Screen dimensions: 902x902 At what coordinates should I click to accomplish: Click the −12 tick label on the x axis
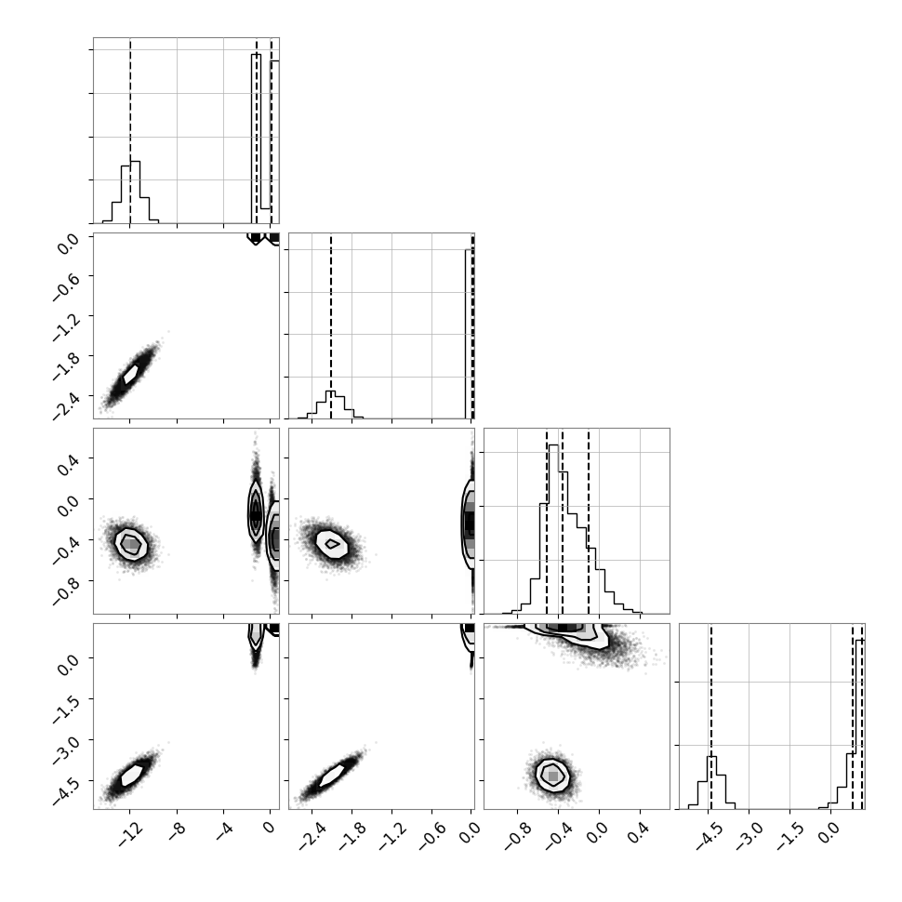tap(130, 835)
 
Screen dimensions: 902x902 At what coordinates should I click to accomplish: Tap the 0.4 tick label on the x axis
tap(638, 833)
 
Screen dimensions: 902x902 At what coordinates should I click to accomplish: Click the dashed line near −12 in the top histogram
tap(130, 130)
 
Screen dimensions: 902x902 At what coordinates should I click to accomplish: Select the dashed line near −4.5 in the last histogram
tap(711, 716)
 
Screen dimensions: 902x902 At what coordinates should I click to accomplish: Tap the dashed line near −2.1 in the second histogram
tap(331, 326)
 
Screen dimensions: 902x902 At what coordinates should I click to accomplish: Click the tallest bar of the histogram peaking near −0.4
tap(552, 529)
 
